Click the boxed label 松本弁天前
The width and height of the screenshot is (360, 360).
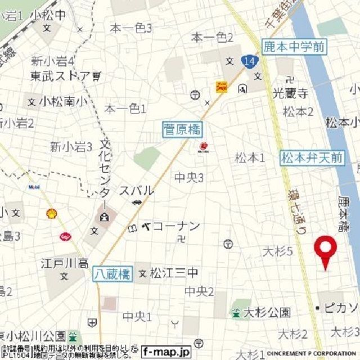pos(312,158)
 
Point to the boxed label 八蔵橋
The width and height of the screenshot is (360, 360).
pos(112,274)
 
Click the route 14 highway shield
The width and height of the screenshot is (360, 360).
pos(249,61)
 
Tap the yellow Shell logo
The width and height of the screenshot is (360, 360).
pos(51,213)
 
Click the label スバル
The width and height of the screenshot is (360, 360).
pos(136,191)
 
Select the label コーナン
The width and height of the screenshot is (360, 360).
pos(176,226)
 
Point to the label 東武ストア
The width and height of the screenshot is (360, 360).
pos(60,75)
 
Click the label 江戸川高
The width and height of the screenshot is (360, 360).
pos(65,263)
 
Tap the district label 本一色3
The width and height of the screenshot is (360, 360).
pos(131,28)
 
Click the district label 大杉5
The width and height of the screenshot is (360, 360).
pos(278,251)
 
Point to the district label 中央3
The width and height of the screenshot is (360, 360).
pos(189,178)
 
